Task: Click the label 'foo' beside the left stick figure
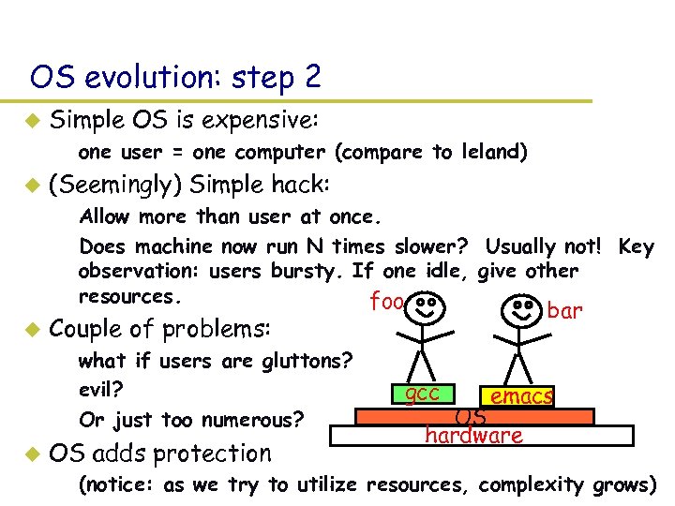386,302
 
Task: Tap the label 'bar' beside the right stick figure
564,309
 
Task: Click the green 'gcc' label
423,393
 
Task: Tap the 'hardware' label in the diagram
473,435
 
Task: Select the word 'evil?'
102,389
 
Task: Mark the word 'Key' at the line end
637,246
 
